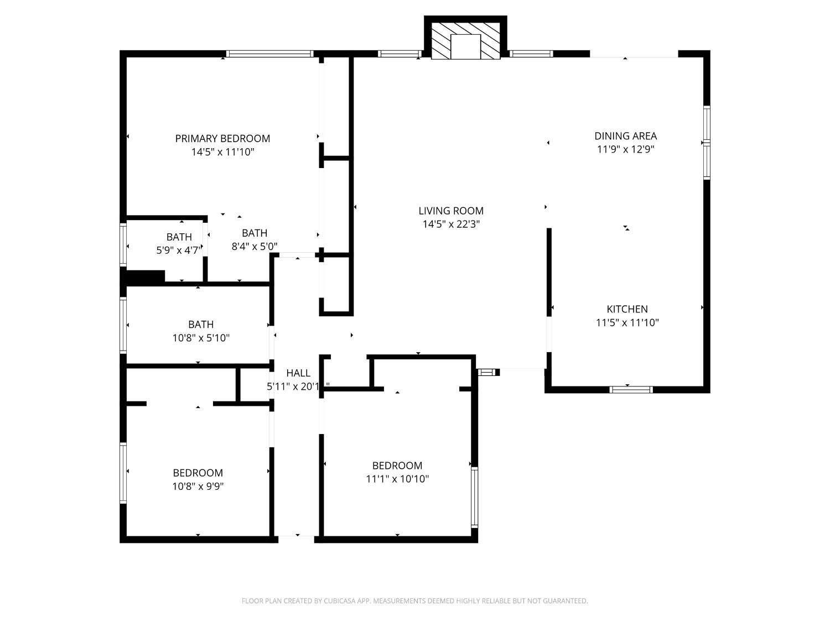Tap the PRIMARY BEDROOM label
[x=222, y=138]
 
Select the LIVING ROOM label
[x=451, y=211]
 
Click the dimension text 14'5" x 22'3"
[x=451, y=224]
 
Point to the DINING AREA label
[x=626, y=135]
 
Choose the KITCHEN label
[x=627, y=309]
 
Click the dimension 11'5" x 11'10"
[x=627, y=322]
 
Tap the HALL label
[x=298, y=373]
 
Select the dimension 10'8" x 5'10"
[x=201, y=337]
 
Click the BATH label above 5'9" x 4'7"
[x=179, y=237]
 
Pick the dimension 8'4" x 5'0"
[x=255, y=246]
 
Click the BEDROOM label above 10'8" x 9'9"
[x=198, y=473]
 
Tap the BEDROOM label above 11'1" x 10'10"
[x=397, y=466]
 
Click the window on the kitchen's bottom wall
[x=631, y=389]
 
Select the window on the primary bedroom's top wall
[x=270, y=54]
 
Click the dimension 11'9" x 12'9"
[x=626, y=149]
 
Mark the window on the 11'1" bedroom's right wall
[x=474, y=496]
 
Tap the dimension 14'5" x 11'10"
[x=222, y=151]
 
